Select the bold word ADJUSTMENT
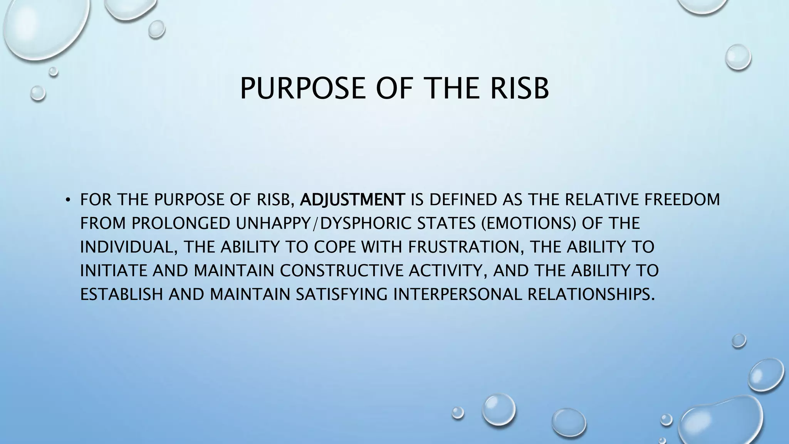(x=353, y=200)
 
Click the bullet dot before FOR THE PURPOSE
(x=68, y=200)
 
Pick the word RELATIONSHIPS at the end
(x=591, y=294)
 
